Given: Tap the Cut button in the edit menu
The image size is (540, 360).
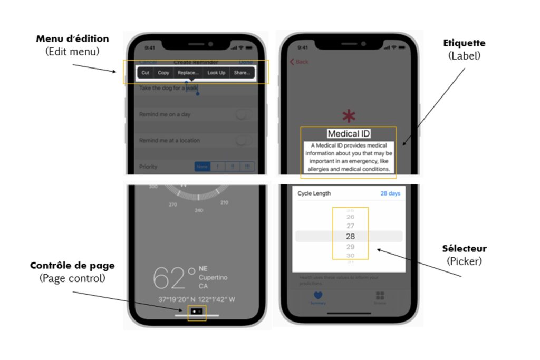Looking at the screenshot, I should point(145,73).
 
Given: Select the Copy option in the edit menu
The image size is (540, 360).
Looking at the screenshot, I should point(163,73).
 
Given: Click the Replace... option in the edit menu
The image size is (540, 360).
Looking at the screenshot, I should point(188,73).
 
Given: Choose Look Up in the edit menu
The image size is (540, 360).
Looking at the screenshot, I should point(216,73).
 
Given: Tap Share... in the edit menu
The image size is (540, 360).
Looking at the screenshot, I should point(242,73).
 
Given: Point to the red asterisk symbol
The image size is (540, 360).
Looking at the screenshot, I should point(349,116).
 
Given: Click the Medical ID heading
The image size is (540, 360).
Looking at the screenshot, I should point(348,134).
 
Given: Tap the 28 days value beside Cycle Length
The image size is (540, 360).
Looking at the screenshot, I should point(390,193).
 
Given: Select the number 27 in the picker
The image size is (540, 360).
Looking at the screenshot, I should point(350,226).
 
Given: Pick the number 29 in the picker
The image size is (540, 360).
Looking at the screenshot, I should point(350,247).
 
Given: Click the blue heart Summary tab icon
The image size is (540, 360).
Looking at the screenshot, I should point(318,296).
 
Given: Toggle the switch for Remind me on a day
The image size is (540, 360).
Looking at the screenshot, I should point(244,114).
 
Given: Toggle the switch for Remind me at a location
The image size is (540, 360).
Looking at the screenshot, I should point(244,140).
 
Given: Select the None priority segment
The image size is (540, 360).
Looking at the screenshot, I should point(202,167).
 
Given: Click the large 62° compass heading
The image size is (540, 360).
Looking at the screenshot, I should point(174,278).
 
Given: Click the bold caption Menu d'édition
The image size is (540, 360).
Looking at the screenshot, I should point(72,39).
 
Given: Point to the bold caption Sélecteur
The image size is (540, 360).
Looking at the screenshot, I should point(464,249).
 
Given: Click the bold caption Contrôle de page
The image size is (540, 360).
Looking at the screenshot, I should point(72,266).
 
